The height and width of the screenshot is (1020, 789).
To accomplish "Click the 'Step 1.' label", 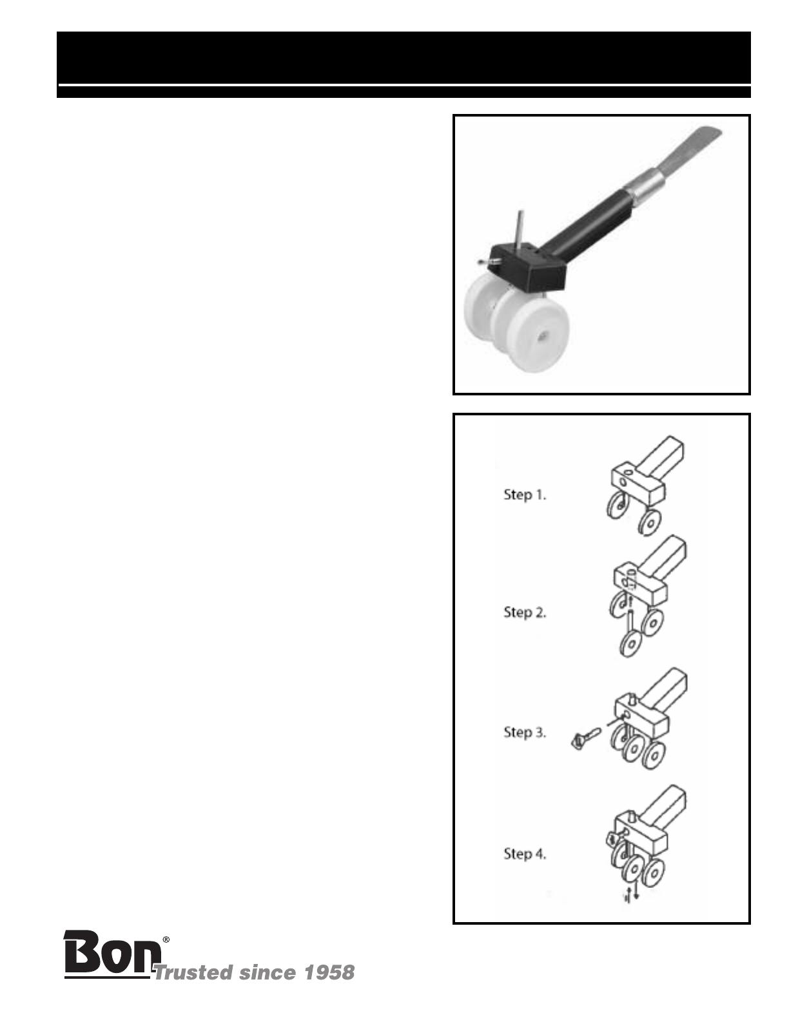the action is [x=525, y=495].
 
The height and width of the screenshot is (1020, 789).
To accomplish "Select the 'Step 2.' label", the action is [x=525, y=612].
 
